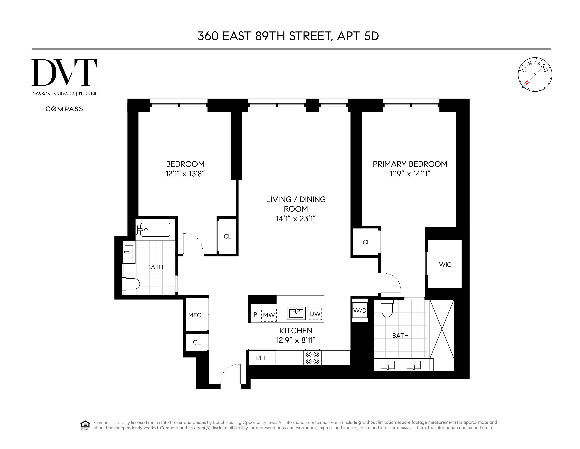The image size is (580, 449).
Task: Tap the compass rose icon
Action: point(535,74)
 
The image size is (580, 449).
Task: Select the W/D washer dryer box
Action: point(360,310)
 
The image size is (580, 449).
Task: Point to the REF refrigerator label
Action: point(261,358)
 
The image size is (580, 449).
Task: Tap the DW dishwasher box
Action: point(315,314)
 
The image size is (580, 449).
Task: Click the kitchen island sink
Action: point(296,313)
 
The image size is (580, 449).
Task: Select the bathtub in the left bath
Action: point(155,229)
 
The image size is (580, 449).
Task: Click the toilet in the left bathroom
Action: point(131,284)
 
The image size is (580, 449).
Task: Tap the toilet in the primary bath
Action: point(387,309)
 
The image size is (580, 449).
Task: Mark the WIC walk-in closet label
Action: point(445,264)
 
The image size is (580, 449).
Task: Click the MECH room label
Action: point(197,315)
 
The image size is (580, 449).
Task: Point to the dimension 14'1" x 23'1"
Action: point(296,219)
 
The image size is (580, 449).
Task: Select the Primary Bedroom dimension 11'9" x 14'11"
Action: point(410,174)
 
